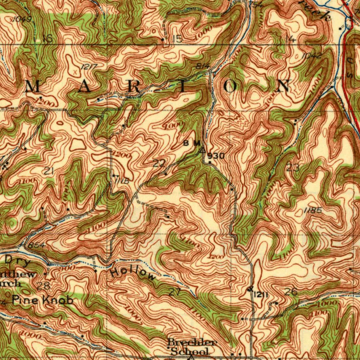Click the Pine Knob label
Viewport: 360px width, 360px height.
43,300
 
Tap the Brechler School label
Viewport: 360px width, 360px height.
192,347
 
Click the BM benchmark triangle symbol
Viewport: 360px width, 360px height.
202,150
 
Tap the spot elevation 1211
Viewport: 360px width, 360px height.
261,295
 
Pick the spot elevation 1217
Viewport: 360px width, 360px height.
89,67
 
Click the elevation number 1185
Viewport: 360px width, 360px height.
313,210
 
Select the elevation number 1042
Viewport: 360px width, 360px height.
311,56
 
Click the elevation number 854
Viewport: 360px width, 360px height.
37,245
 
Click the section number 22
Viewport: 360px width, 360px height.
159,163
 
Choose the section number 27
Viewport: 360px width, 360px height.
174,292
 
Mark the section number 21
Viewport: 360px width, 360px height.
49,171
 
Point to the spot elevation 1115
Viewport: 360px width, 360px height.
122,181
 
